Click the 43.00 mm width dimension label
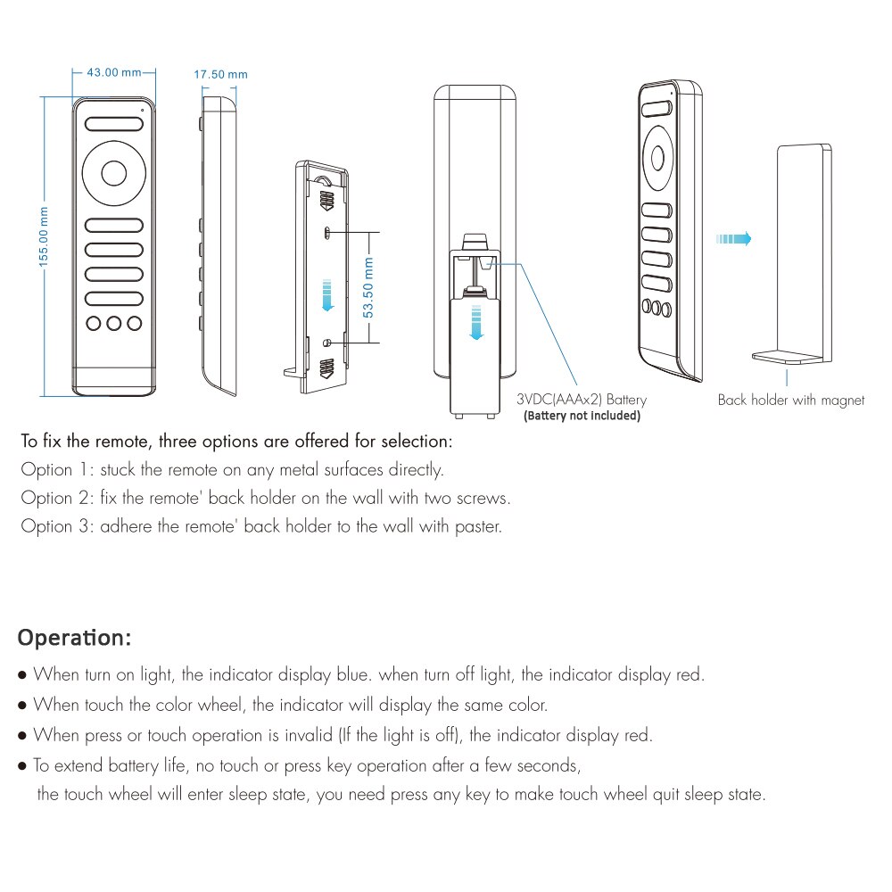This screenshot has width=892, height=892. (x=114, y=72)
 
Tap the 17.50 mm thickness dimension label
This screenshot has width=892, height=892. (x=220, y=74)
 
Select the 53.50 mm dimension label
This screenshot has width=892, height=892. (x=369, y=287)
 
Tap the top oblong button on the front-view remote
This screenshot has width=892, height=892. (x=114, y=125)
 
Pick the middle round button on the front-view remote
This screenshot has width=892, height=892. (x=114, y=323)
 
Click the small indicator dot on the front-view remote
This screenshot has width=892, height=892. (x=142, y=111)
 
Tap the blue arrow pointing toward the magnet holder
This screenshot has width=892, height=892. (x=733, y=238)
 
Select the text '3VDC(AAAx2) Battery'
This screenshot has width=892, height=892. (x=582, y=401)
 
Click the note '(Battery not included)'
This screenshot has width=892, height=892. (x=582, y=416)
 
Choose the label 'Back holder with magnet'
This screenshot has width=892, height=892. (x=791, y=401)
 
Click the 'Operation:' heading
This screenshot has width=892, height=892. (x=75, y=639)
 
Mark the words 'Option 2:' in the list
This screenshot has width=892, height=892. (x=56, y=498)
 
